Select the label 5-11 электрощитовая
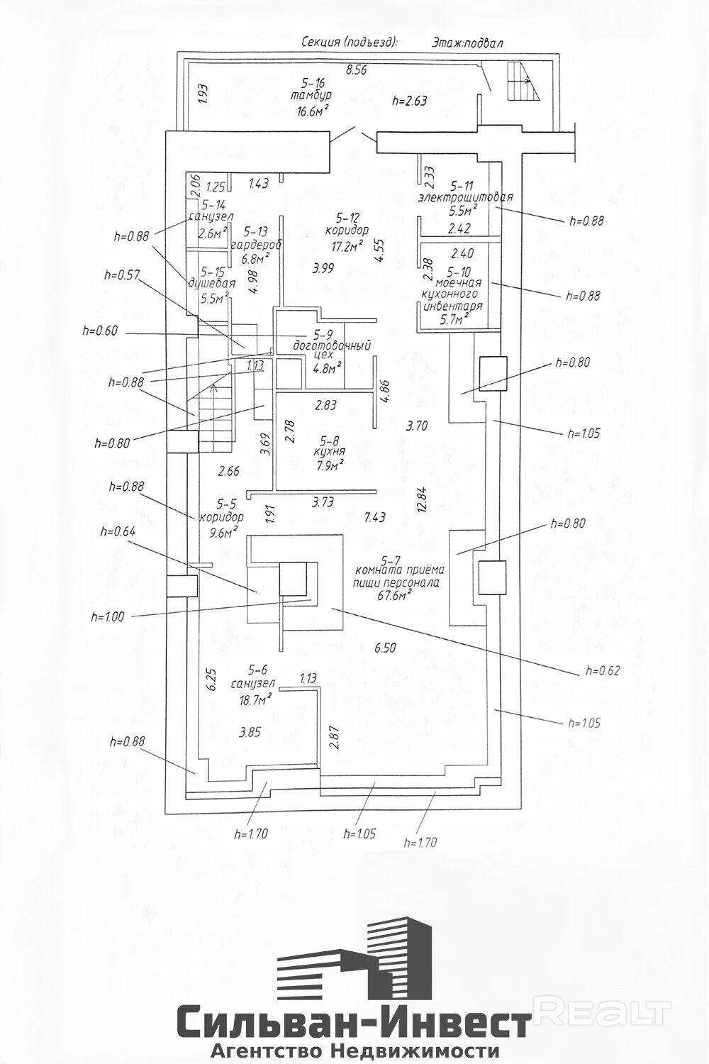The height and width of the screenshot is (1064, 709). point(465,192)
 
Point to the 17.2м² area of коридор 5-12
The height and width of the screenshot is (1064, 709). point(347,245)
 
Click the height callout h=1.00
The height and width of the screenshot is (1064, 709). point(107,617)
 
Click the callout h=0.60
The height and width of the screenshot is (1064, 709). point(101,331)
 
